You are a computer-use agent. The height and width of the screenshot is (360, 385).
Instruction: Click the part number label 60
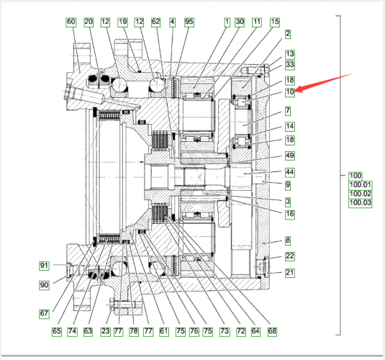click(71, 22)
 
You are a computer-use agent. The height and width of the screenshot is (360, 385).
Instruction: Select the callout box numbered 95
click(189, 22)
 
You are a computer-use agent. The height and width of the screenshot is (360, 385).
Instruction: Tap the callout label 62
click(156, 22)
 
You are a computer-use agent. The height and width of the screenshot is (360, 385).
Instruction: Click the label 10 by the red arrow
click(290, 92)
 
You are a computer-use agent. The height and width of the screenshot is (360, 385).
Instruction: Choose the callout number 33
click(290, 65)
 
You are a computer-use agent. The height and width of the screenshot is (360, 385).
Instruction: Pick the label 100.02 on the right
click(361, 194)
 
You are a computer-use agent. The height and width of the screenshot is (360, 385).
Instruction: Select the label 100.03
click(361, 203)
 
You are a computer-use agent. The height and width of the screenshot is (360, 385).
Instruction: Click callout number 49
click(290, 156)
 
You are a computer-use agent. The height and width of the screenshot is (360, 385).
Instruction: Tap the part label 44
click(290, 172)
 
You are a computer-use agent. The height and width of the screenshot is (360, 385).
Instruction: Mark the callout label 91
click(44, 266)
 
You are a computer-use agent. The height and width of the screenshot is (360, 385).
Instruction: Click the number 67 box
click(44, 314)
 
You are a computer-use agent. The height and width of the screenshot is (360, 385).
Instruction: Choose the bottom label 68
click(272, 331)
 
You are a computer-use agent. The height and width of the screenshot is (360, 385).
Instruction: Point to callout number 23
click(105, 331)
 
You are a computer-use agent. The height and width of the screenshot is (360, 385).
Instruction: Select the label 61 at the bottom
click(164, 331)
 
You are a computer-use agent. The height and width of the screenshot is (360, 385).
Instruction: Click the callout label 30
click(240, 22)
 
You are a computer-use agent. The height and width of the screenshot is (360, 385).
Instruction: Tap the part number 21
click(290, 273)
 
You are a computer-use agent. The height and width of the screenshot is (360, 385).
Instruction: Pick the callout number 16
click(290, 215)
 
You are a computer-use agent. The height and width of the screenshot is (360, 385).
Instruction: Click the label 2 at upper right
click(288, 34)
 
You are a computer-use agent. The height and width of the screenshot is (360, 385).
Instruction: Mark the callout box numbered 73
click(225, 331)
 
